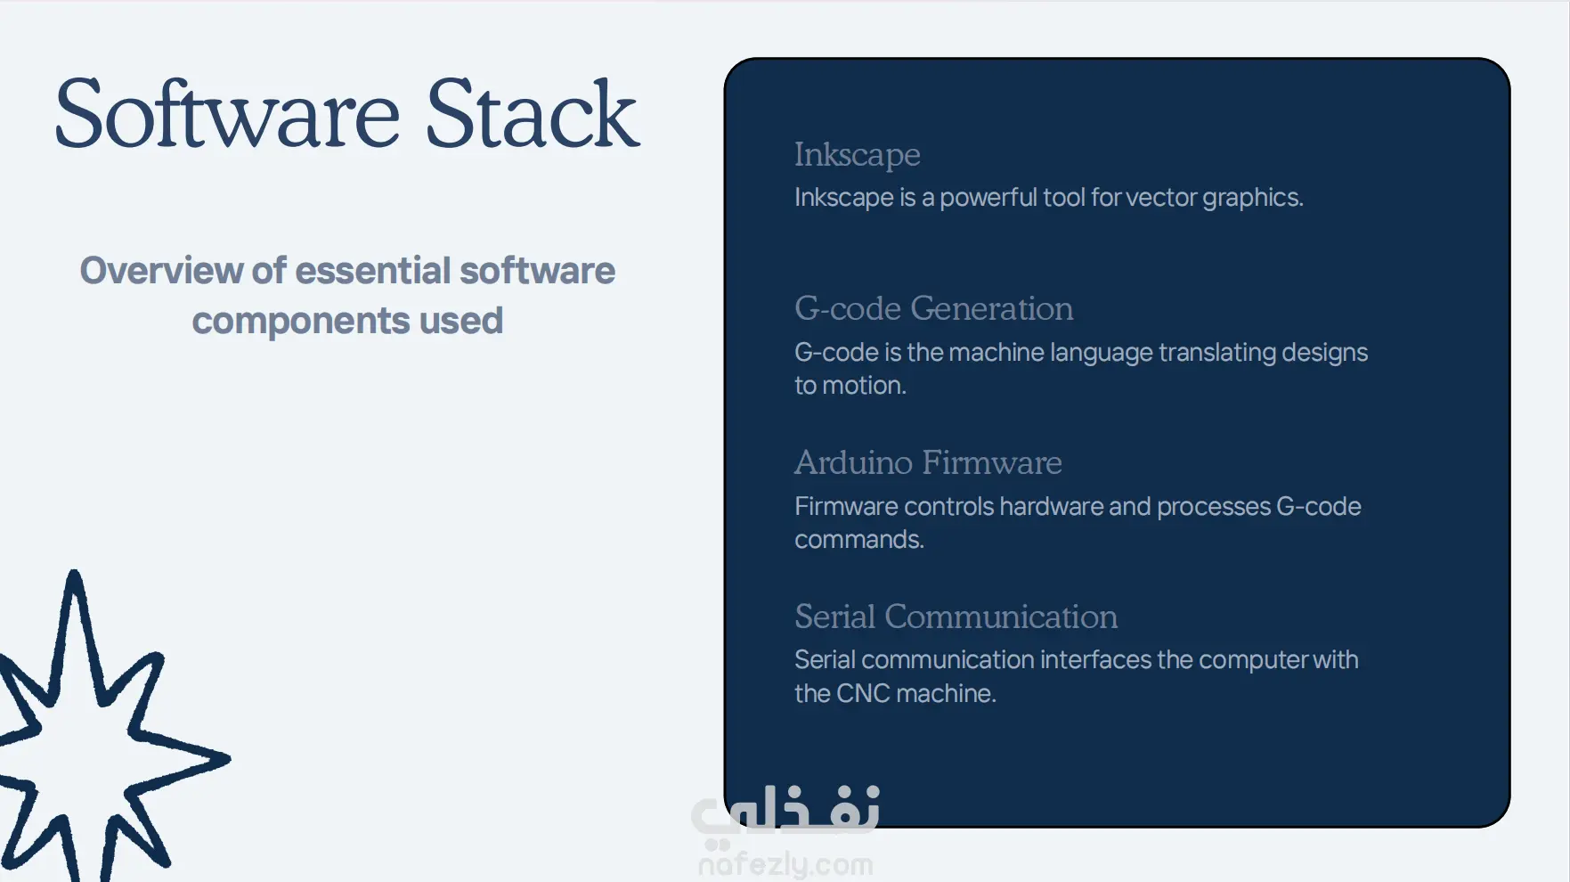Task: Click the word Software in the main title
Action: pos(227,114)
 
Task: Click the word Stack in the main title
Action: pos(532,114)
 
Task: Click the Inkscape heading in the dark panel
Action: pos(857,155)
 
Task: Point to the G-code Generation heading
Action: pos(933,308)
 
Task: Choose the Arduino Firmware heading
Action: pos(928,462)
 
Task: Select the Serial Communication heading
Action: pos(956,617)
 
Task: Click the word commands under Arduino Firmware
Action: pos(859,540)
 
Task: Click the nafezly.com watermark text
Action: pos(785,864)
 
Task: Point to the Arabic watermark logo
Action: pos(785,813)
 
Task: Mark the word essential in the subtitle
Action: pos(373,271)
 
